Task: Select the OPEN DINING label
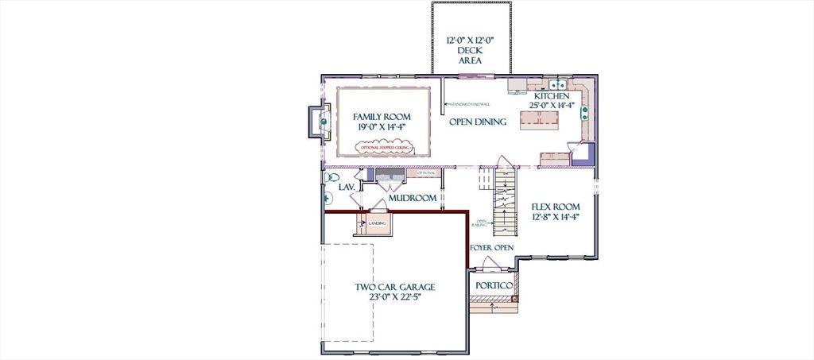click(479, 122)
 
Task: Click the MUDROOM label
click(413, 198)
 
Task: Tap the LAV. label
click(346, 188)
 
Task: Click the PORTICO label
click(493, 285)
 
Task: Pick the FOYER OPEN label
click(491, 248)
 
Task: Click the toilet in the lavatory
click(332, 177)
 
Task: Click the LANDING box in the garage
click(373, 224)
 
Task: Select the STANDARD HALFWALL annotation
click(470, 103)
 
